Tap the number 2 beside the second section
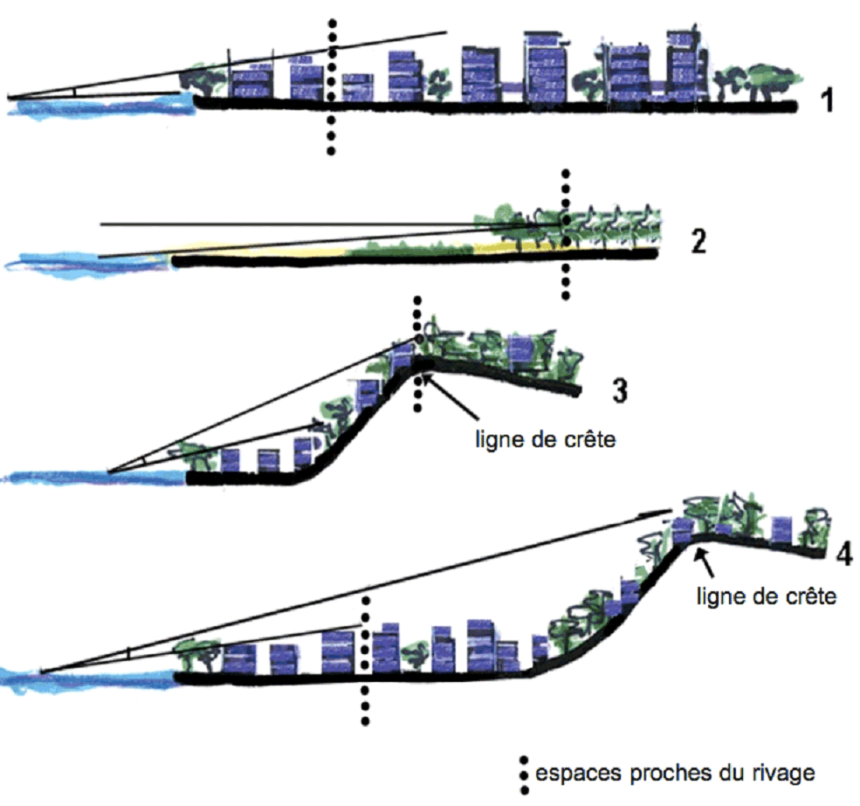(x=698, y=241)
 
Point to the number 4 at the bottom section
(x=843, y=555)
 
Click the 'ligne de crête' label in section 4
(x=767, y=597)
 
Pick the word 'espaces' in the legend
(x=569, y=774)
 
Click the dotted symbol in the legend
(x=524, y=774)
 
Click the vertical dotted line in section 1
(x=331, y=122)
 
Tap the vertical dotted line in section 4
(x=364, y=699)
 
